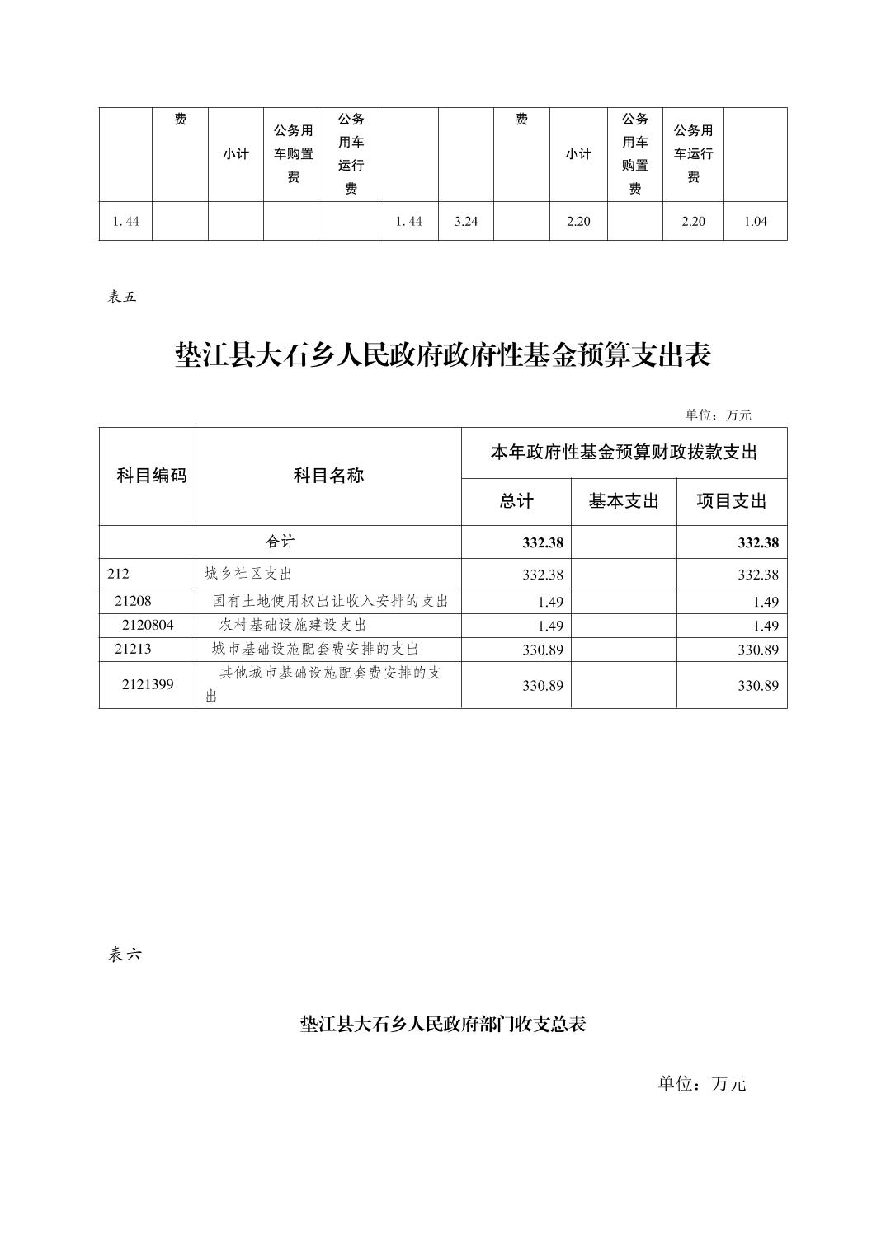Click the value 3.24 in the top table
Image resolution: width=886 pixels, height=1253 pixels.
466,222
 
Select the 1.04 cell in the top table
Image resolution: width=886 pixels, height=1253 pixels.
756,222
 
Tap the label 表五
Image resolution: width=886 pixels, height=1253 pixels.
122,298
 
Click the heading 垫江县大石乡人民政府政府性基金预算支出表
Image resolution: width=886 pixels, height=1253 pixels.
443,356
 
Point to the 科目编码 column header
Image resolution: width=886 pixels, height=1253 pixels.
152,476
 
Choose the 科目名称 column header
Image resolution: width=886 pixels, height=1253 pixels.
328,476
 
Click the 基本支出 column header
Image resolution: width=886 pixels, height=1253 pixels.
624,501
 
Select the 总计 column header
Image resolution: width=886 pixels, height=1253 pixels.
516,501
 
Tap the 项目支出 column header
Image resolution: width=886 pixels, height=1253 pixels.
732,501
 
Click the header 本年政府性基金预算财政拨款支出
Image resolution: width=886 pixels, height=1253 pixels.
624,453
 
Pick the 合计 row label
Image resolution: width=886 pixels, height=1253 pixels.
280,542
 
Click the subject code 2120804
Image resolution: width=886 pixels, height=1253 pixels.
148,625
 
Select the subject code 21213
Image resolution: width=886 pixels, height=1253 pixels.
134,649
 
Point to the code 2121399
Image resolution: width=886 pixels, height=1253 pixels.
148,684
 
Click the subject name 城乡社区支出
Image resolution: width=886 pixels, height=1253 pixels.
248,574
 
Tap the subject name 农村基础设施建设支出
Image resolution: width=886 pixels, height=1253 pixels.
293,625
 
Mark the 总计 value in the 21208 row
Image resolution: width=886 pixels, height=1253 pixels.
550,602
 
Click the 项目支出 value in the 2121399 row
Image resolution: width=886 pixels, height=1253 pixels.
757,685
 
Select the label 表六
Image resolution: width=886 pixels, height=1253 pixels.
125,955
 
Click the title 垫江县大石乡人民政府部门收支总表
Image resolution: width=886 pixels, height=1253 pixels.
443,1025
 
